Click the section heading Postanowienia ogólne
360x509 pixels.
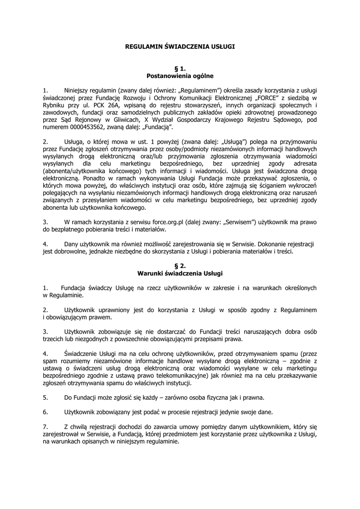(180, 76)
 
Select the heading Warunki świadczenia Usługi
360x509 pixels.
(180, 273)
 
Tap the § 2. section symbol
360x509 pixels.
(180, 266)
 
